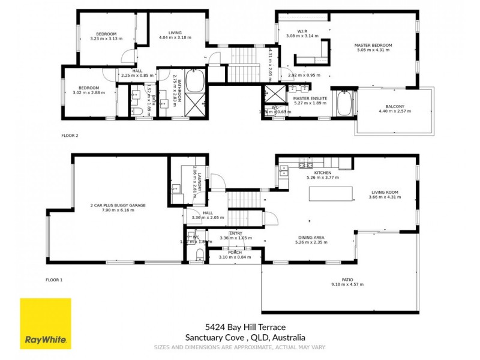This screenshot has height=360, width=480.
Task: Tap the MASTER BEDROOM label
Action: pyautogui.click(x=373, y=46)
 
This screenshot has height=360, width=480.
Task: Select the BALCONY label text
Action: pyautogui.click(x=395, y=107)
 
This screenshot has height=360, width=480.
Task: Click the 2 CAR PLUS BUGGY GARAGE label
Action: pyautogui.click(x=118, y=205)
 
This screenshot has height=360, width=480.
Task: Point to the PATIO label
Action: pyautogui.click(x=347, y=280)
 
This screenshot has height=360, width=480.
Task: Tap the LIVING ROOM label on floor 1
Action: pyautogui.click(x=383, y=193)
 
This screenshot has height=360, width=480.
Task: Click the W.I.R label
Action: pyautogui.click(x=302, y=31)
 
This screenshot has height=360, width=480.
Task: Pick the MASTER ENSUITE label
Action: pyautogui.click(x=310, y=98)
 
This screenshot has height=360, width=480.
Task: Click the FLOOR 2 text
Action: pyautogui.click(x=70, y=136)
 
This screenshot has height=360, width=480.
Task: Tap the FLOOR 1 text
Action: pyautogui.click(x=55, y=280)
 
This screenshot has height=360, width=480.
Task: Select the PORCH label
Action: pyautogui.click(x=235, y=253)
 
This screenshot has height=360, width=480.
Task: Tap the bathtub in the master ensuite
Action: pyautogui.click(x=345, y=103)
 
